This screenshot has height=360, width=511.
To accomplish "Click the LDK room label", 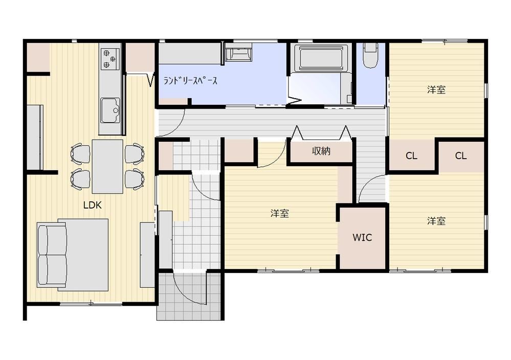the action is pos(93,205).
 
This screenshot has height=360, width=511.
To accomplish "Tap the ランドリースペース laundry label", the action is pos(190,80).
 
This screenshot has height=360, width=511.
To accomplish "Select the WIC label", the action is pos(362,237).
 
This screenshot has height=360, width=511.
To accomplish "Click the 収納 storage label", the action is pos(321,151).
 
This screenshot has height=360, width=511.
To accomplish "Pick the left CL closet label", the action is pos(411,156).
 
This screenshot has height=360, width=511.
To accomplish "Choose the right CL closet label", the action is pos(460,156).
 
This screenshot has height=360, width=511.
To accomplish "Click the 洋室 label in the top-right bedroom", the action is pos(436,89).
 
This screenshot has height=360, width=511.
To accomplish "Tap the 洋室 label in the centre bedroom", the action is pos(279,213).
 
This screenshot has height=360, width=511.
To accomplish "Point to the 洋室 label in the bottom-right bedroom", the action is pos(436,221).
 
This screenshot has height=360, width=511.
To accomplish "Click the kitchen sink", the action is pos(110,110).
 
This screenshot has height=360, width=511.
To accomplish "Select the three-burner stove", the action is pos(110,58).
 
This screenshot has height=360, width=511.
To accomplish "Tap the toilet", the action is pos(370,55).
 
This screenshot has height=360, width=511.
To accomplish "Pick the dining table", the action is pos(107,167).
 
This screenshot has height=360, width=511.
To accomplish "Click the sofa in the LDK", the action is pos(52,255).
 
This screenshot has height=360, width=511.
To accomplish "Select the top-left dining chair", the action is pos(80,153).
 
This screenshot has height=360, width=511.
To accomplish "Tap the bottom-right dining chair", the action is pos(135,179).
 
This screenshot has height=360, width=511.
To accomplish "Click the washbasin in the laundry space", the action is pos(237,53).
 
